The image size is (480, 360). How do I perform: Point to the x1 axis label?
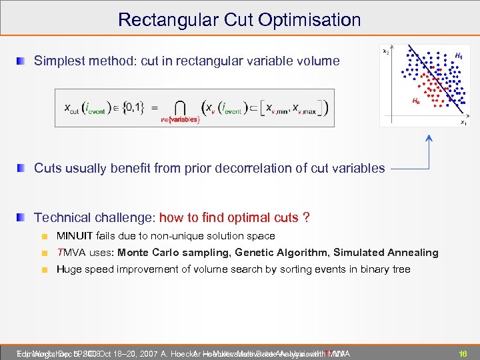[x=463, y=122]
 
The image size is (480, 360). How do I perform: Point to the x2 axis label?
[x=386, y=51]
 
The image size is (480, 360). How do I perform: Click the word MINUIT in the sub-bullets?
[x=75, y=236]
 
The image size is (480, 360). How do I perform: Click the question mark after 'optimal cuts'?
[x=306, y=218]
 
